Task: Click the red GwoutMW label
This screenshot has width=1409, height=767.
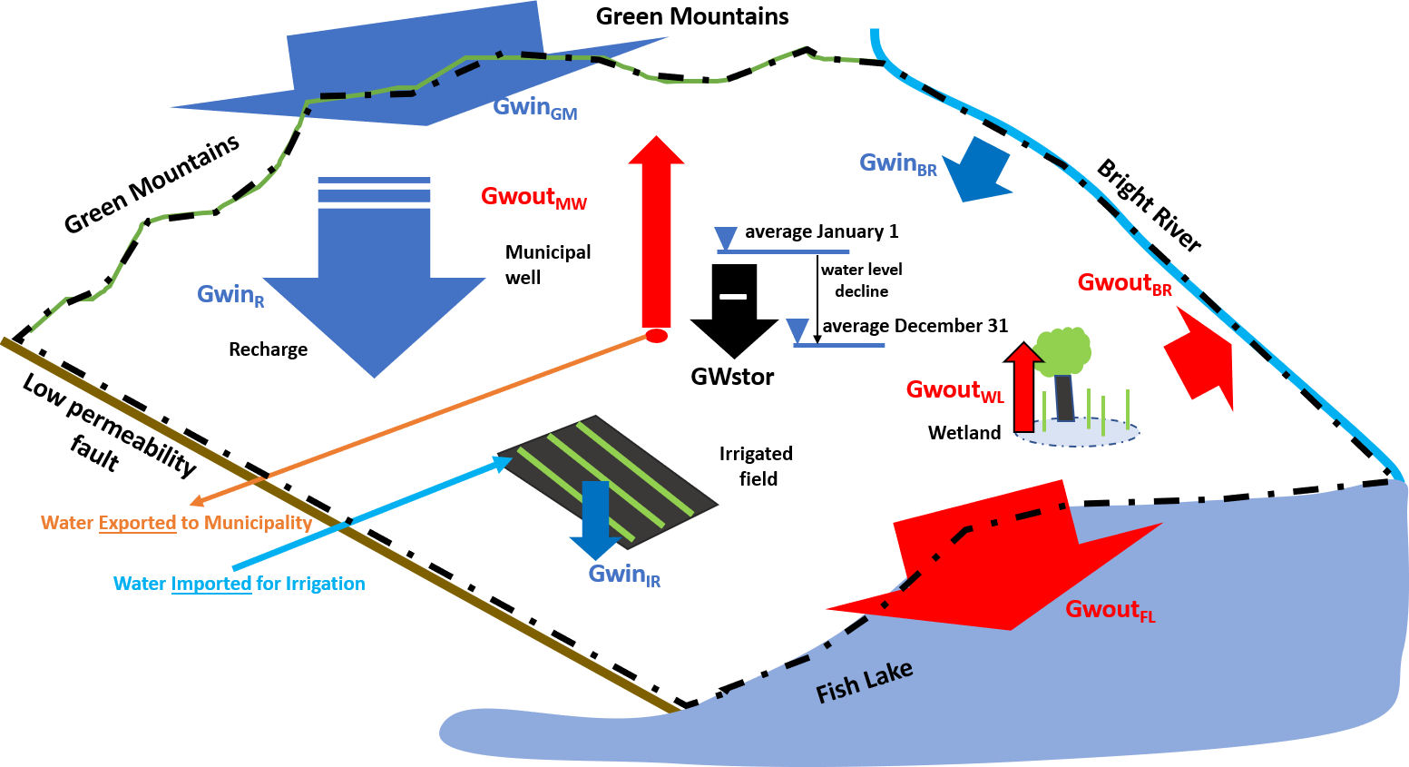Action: [533, 198]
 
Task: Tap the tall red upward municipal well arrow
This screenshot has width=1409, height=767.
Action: [656, 236]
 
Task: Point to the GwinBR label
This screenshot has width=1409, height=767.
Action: [897, 164]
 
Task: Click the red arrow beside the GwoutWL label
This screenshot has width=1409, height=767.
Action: [1023, 386]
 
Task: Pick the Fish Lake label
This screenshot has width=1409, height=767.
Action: [864, 682]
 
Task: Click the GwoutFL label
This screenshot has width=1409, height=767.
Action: [1110, 610]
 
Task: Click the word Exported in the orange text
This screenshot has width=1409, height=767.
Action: [137, 523]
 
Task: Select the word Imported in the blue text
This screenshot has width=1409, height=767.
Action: [210, 584]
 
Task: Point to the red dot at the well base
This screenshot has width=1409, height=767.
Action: [656, 337]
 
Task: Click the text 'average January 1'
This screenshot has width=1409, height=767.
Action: [821, 231]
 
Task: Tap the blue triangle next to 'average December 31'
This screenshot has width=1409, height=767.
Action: [797, 329]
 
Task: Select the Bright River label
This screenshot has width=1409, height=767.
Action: [1149, 207]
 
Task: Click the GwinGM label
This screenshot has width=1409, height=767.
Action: [534, 108]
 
